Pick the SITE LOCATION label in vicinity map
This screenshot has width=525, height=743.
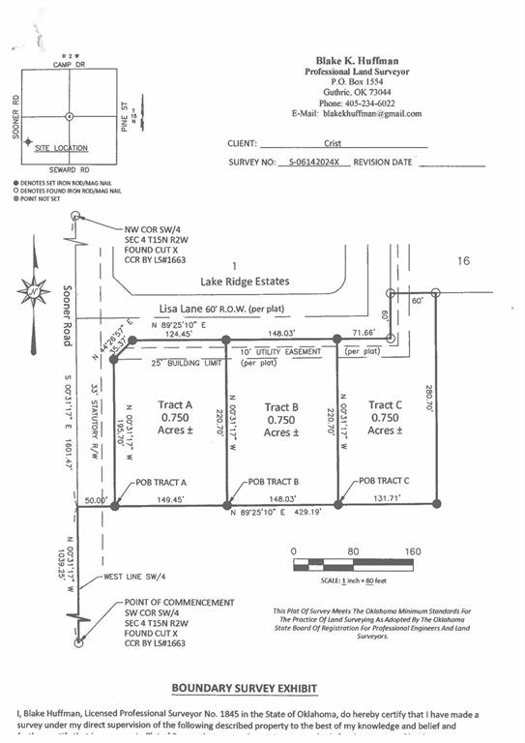(x=60, y=148)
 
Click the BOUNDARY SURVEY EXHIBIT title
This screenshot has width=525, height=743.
(x=244, y=688)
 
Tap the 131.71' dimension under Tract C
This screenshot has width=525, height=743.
(x=384, y=500)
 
